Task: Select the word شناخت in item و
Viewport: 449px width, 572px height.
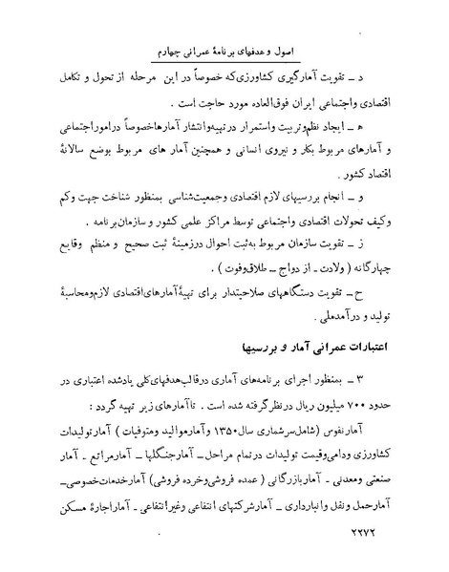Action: coord(109,203)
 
